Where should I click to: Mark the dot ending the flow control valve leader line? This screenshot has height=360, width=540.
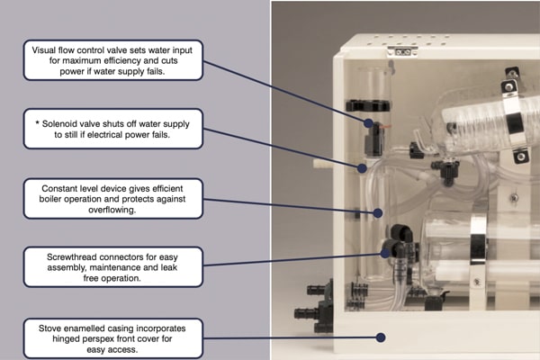[369, 121]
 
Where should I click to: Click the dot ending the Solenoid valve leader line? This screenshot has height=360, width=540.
[362, 167]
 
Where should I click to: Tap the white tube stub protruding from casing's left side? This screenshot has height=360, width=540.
[321, 166]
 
